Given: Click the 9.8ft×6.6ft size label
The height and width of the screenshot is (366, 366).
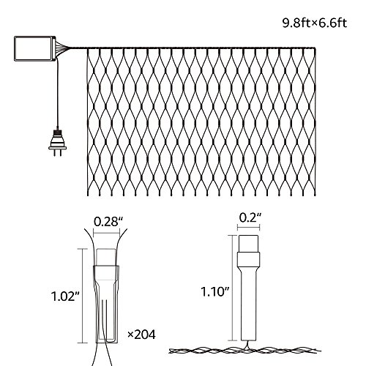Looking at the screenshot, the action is tap(315, 23).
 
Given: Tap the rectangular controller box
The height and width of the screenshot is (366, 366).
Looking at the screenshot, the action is tap(35, 48).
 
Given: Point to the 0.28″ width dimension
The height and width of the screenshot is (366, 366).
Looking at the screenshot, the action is tap(108, 222).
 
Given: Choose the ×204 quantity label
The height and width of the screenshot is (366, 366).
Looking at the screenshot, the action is tap(141, 335).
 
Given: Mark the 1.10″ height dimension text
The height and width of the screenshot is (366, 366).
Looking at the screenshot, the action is tap(215, 291).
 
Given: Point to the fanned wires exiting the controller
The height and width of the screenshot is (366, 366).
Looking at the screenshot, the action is tap(63, 48).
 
